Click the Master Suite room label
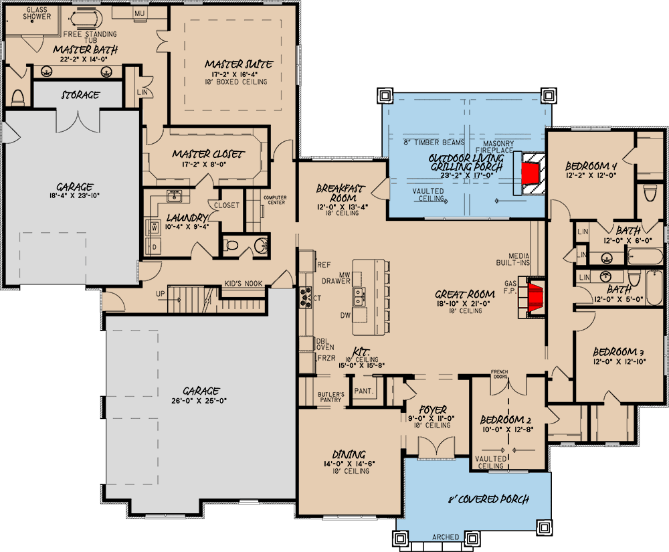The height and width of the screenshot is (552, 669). [x=238, y=64]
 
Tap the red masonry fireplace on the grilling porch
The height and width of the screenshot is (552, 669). [x=532, y=171]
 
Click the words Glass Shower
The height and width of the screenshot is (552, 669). [x=27, y=13]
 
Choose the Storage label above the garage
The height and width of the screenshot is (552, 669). [x=80, y=95]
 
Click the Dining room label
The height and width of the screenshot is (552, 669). [x=347, y=452]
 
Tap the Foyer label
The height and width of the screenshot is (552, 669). [x=433, y=409]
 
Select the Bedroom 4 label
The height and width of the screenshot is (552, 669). [x=591, y=166]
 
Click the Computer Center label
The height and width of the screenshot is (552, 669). [x=275, y=200]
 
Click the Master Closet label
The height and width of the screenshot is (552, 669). [x=208, y=153]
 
